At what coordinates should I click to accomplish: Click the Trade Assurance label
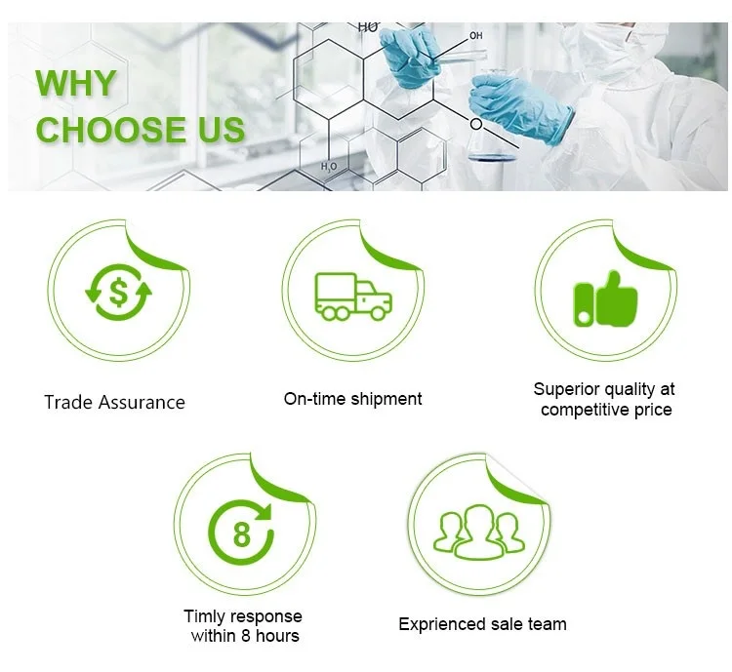pyautogui.click(x=114, y=402)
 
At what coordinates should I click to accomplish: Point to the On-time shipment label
pyautogui.click(x=352, y=398)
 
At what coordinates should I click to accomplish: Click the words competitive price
pyautogui.click(x=606, y=410)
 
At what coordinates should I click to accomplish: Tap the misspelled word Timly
pyautogui.click(x=203, y=616)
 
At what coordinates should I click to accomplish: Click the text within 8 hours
pyautogui.click(x=245, y=636)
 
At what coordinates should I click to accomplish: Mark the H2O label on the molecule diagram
pyautogui.click(x=329, y=167)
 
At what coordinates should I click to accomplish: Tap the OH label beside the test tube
pyautogui.click(x=476, y=36)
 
